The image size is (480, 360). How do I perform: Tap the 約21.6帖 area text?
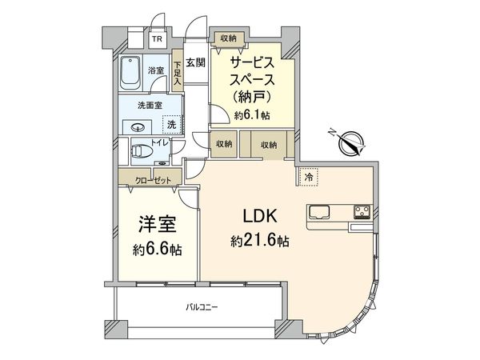point(260,241)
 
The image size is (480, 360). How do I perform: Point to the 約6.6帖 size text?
point(157,249)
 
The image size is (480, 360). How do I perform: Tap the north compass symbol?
point(350,144)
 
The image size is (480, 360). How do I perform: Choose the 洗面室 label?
point(143,104)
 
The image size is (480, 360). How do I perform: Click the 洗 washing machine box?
point(170,124)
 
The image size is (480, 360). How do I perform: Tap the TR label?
point(156,38)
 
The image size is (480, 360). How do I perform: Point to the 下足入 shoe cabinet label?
point(177,74)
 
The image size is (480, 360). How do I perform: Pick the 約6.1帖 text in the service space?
point(252,116)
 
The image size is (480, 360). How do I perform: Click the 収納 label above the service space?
point(228,37)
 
